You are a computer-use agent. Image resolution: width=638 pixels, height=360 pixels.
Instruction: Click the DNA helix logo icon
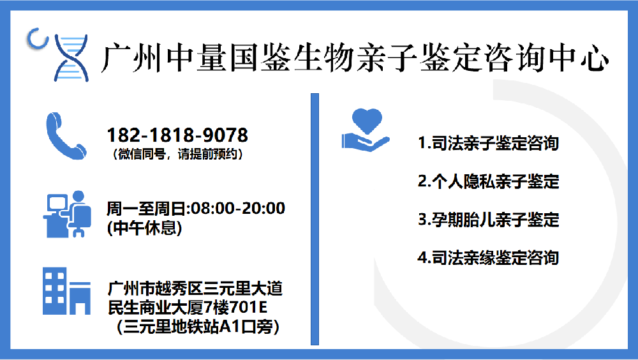click(70, 57)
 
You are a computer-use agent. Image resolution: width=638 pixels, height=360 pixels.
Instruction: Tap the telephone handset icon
click(65, 135)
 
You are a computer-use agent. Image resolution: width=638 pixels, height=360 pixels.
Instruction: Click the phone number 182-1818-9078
click(177, 135)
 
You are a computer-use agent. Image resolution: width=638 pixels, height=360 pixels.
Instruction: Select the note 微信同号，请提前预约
click(177, 154)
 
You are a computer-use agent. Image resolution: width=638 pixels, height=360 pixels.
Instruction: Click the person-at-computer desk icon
click(65, 214)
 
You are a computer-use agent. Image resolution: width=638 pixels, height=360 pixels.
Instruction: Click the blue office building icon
click(66, 292)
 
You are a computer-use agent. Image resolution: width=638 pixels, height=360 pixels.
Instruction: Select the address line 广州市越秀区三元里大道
click(195, 289)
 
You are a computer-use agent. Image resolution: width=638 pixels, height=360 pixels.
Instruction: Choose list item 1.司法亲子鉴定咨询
click(488, 143)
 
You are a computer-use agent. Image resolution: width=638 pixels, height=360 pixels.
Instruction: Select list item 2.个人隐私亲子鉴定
click(488, 181)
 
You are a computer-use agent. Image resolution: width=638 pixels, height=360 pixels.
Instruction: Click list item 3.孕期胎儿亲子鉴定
click(488, 220)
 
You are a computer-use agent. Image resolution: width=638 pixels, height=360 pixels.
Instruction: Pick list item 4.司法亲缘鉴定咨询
click(488, 257)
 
